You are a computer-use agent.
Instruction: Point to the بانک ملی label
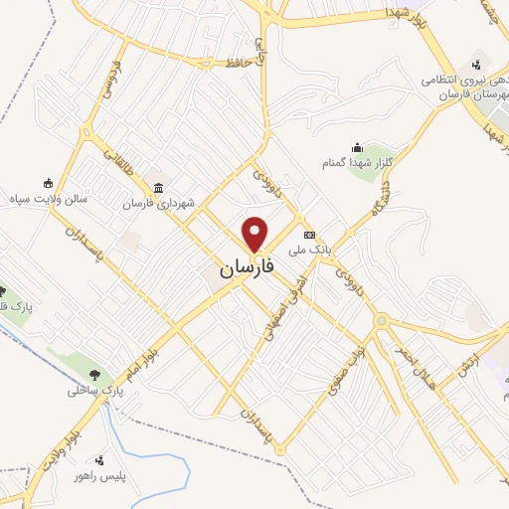[x=309, y=239]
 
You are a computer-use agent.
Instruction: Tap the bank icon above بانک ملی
[x=309, y=225]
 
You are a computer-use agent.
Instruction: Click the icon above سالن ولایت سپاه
[x=47, y=183]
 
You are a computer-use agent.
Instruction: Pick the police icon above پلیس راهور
[x=98, y=460]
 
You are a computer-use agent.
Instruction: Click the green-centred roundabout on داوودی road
[x=381, y=320]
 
